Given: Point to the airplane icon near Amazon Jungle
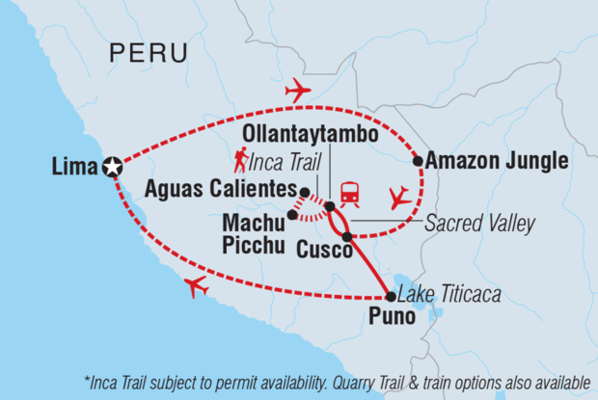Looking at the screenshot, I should coord(398,198).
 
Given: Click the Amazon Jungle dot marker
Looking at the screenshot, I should coord(418,161).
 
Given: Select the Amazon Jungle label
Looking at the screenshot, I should coord(497,160).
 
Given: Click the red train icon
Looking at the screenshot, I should coord(348,193).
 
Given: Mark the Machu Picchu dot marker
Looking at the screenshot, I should coord(292,214).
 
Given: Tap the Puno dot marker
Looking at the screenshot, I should coord(390,297).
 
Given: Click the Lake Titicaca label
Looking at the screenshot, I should coord(452,294).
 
